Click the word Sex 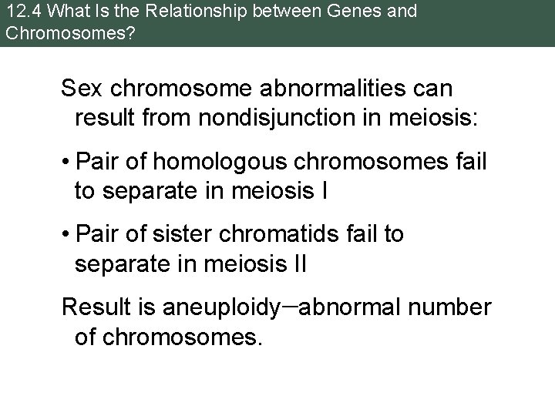tap(81, 89)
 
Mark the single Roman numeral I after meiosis tap(323, 191)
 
